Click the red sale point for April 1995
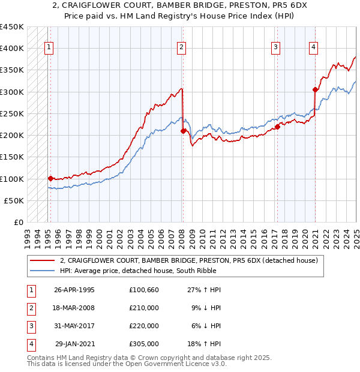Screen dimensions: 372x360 50,178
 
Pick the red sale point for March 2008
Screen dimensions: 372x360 183,131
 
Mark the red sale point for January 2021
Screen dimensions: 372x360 316,89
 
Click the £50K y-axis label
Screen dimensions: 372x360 14,200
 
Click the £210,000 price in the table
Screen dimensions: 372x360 144,308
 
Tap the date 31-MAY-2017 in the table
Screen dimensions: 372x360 74,326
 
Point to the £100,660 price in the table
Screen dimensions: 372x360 144,290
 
